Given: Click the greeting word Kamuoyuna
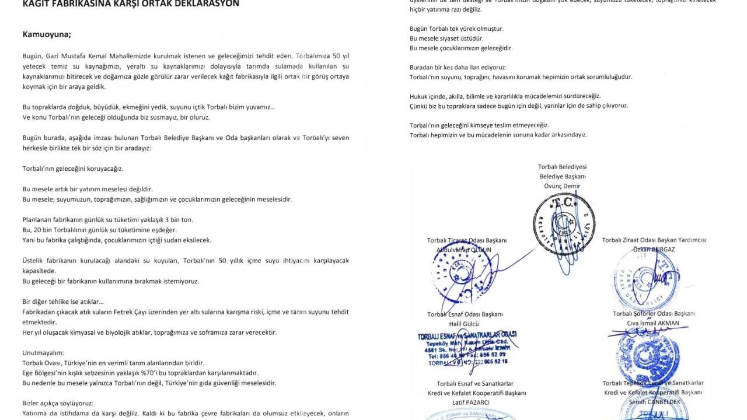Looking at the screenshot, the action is pyautogui.click(x=47, y=34).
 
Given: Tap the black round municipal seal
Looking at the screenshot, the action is pyautogui.click(x=564, y=225).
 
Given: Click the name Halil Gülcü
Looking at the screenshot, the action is pyautogui.click(x=464, y=324).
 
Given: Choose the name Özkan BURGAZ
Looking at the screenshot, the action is pyautogui.click(x=654, y=250).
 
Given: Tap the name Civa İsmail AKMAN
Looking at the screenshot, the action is pyautogui.click(x=654, y=323).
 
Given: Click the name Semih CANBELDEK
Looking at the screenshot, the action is pyautogui.click(x=654, y=402).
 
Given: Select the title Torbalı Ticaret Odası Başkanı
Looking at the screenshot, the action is pyautogui.click(x=467, y=240).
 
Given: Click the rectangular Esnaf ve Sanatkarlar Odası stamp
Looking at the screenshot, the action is pyautogui.click(x=467, y=349).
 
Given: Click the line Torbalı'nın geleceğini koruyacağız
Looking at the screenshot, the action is pyautogui.click(x=73, y=169).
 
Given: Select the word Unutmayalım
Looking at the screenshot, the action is pyautogui.click(x=43, y=352).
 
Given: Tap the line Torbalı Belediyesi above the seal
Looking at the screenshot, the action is pyautogui.click(x=562, y=167).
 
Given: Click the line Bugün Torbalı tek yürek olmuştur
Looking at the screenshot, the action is pyautogui.click(x=456, y=28).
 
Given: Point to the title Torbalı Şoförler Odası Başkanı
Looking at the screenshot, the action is pyautogui.click(x=654, y=313).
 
